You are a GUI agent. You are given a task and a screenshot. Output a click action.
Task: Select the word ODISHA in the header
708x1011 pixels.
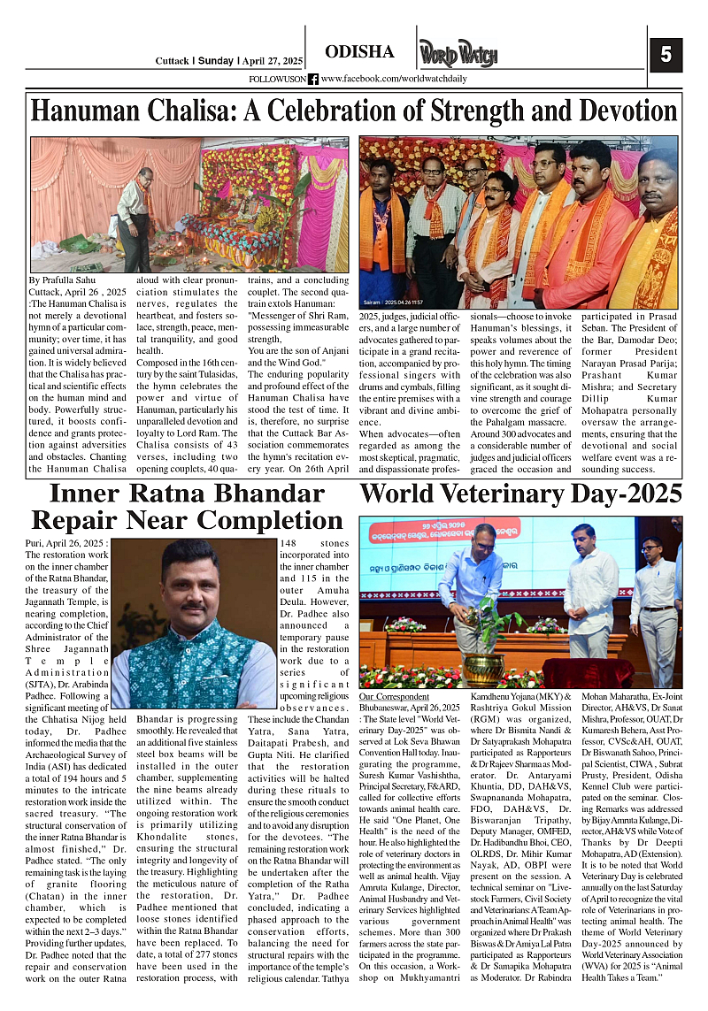359,52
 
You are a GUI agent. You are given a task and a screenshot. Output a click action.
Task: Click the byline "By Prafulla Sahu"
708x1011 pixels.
60,280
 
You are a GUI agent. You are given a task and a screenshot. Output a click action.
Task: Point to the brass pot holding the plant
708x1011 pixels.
483,669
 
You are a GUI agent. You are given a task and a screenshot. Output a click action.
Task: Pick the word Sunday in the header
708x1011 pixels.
215,61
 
